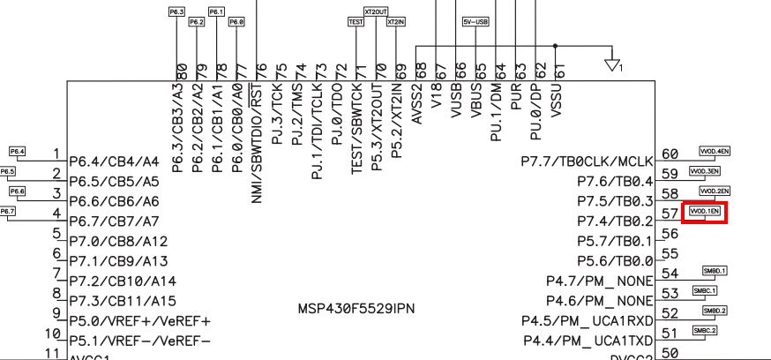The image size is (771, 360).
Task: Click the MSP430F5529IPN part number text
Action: click(356, 309)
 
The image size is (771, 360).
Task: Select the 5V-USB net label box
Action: click(475, 21)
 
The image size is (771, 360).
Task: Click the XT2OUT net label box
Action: click(376, 11)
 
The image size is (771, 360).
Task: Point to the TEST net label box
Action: click(356, 21)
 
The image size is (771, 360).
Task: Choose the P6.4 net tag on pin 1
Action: click(18, 152)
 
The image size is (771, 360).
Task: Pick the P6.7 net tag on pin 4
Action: click(7, 212)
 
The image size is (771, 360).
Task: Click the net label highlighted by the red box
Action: click(705, 212)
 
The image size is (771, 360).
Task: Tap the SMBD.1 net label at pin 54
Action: click(715, 270)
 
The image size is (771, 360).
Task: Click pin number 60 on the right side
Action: click(670, 154)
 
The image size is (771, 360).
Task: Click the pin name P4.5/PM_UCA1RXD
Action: click(587, 320)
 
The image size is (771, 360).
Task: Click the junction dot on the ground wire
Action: click(554, 45)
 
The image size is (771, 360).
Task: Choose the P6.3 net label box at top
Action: click(176, 11)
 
